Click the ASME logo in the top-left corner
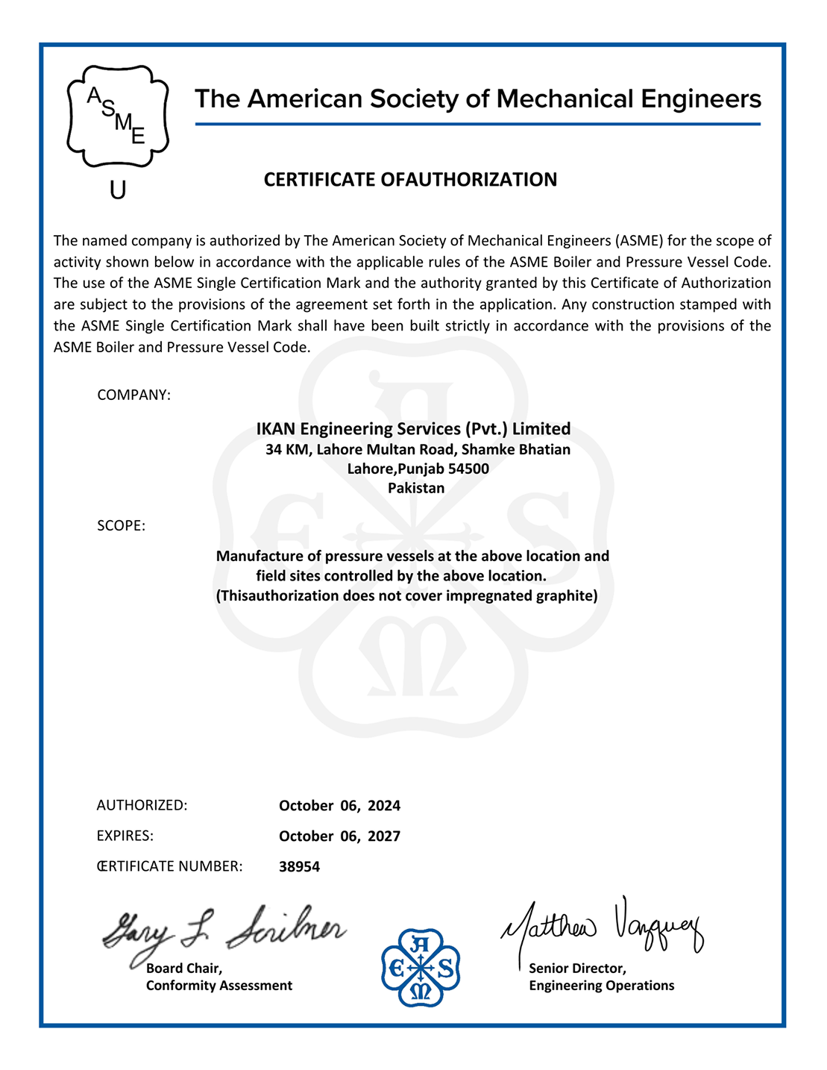[118, 116]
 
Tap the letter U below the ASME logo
[118, 190]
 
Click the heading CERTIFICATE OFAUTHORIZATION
[410, 180]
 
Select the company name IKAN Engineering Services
[413, 429]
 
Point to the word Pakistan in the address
[416, 489]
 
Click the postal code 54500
[468, 469]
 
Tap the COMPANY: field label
[134, 395]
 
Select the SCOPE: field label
[121, 526]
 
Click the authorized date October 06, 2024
[339, 806]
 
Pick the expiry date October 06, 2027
[339, 836]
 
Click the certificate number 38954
[299, 867]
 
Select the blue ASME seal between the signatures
[421, 968]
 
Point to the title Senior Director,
[577, 969]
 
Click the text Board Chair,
[184, 969]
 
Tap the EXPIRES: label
[125, 836]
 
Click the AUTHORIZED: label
[142, 806]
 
